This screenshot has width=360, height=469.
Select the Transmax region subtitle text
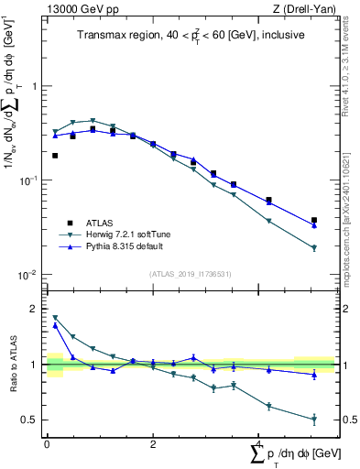(x=192, y=36)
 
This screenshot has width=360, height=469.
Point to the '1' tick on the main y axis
(x=35, y=86)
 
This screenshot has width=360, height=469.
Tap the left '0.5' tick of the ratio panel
(x=29, y=420)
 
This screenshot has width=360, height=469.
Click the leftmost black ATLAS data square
(x=55, y=156)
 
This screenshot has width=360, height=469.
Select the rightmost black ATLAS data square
(x=314, y=220)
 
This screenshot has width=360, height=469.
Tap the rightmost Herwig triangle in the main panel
(x=314, y=248)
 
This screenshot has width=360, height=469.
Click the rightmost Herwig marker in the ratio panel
(x=314, y=420)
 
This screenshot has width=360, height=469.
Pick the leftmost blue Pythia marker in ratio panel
(x=55, y=325)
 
